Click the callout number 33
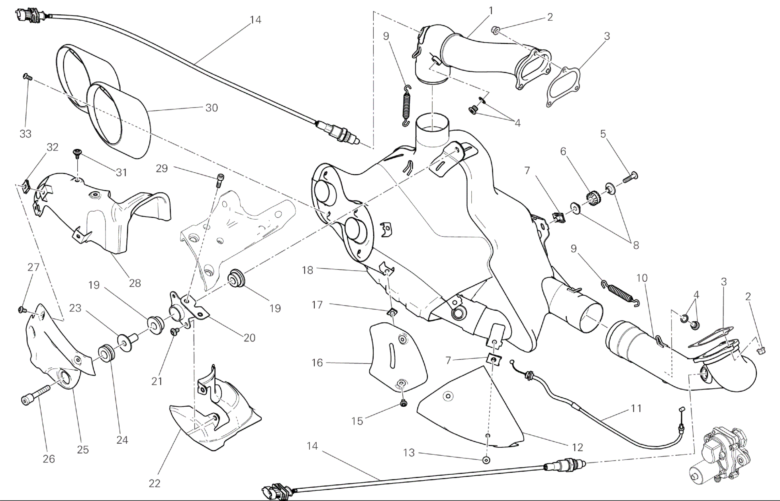pyautogui.click(x=25, y=134)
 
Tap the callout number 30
pyautogui.click(x=212, y=108)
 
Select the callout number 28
pyautogui.click(x=135, y=283)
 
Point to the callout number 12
pyautogui.click(x=577, y=447)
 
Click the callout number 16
pyautogui.click(x=317, y=363)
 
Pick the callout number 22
pyautogui.click(x=155, y=483)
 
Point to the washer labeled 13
pyautogui.click(x=486, y=460)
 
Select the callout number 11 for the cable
pyautogui.click(x=636, y=408)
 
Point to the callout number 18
pyautogui.click(x=308, y=270)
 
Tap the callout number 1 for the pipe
pyautogui.click(x=491, y=11)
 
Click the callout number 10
pyautogui.click(x=642, y=278)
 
